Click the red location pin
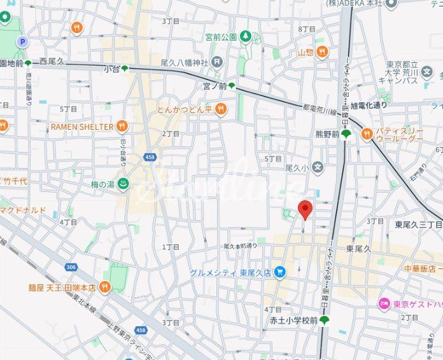306,209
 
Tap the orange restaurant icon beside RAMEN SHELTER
122,126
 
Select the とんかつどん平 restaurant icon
221,109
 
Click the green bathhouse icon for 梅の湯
125,184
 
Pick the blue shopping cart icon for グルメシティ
280,272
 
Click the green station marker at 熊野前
346,134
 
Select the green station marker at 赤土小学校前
324,321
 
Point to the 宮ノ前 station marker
232,85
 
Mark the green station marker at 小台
125,68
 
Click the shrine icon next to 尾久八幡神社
218,62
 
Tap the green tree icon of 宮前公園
245,37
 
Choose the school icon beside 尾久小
318,168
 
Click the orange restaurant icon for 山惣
321,52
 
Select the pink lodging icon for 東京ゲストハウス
384,303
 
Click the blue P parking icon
23,42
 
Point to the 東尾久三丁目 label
418,225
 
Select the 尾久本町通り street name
241,246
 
